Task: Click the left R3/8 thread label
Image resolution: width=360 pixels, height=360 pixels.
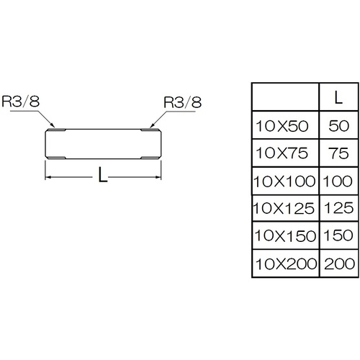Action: (x=20, y=102)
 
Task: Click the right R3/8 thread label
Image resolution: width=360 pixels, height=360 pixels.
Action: (x=182, y=102)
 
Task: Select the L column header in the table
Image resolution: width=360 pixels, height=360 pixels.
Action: (x=338, y=97)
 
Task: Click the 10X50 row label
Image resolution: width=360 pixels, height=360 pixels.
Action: (x=282, y=126)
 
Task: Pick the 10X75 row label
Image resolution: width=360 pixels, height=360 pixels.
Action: (x=282, y=153)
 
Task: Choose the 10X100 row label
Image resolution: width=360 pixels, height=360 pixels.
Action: (x=284, y=181)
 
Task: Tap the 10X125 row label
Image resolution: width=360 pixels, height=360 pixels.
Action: (x=284, y=208)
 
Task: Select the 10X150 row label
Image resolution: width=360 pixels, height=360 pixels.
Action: (x=285, y=236)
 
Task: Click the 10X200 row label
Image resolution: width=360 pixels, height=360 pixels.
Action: (x=286, y=264)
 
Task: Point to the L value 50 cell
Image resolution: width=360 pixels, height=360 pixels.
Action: (x=338, y=125)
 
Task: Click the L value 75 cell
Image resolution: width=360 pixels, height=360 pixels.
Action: (x=338, y=153)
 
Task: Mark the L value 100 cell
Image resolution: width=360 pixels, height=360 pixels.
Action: (x=338, y=181)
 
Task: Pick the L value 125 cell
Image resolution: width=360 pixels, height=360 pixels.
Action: (x=338, y=208)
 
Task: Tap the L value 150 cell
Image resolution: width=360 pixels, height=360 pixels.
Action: (x=338, y=235)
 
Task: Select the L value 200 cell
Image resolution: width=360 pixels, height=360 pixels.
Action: (x=339, y=264)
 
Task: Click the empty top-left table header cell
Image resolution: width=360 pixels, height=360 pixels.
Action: (x=285, y=97)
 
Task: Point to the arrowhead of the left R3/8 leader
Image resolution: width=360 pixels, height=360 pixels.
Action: (x=53, y=125)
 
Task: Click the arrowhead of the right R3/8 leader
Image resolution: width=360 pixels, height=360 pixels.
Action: (x=151, y=125)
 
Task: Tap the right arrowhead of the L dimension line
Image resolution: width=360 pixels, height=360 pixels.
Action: (x=158, y=177)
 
